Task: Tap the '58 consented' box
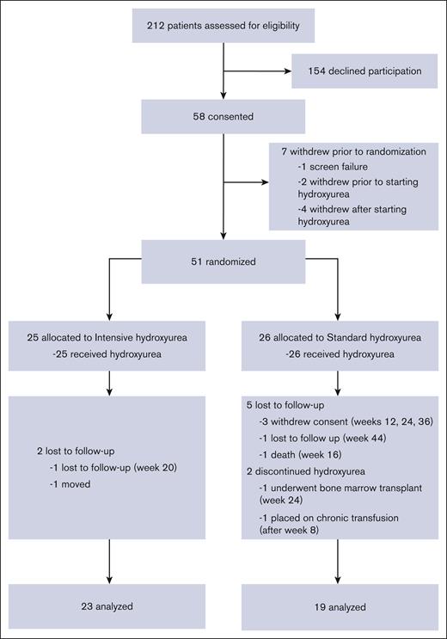pos(223,116)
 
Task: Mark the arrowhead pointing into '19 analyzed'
pos(338,579)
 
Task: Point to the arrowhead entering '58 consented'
pos(223,95)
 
